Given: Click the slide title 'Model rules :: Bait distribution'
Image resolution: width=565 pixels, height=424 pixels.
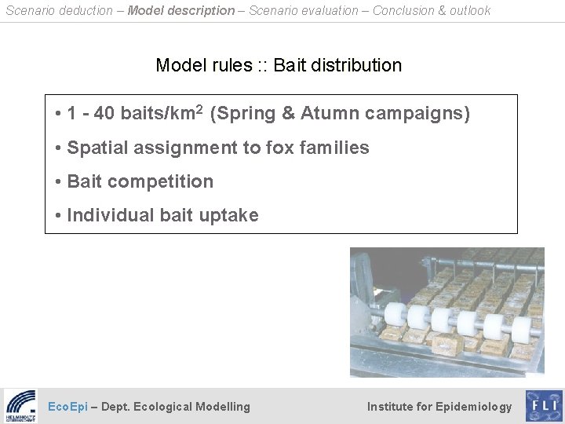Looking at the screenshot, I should [279, 65].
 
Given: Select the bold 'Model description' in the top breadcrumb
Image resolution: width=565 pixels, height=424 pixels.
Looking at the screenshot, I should [180, 10].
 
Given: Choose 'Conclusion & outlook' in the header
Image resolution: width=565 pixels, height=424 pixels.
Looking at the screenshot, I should [432, 10].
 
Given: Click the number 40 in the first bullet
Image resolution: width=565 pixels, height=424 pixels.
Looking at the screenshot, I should [104, 115].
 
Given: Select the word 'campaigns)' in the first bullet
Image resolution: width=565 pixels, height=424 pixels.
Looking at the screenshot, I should [420, 115].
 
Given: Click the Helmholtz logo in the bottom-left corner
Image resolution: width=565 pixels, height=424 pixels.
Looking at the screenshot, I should [20, 406].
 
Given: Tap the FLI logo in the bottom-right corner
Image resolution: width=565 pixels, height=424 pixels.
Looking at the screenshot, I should [543, 406].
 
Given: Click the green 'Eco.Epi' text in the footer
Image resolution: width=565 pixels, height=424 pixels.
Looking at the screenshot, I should [67, 407].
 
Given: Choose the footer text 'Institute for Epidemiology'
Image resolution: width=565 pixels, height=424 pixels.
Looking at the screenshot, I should [439, 407].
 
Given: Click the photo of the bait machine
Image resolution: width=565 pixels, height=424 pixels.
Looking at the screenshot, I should [447, 312].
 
